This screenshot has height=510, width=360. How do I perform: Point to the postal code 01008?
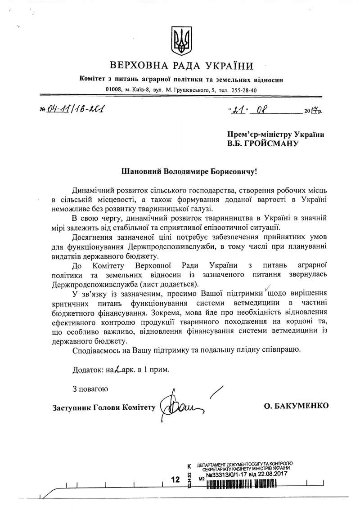pos(113,90)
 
